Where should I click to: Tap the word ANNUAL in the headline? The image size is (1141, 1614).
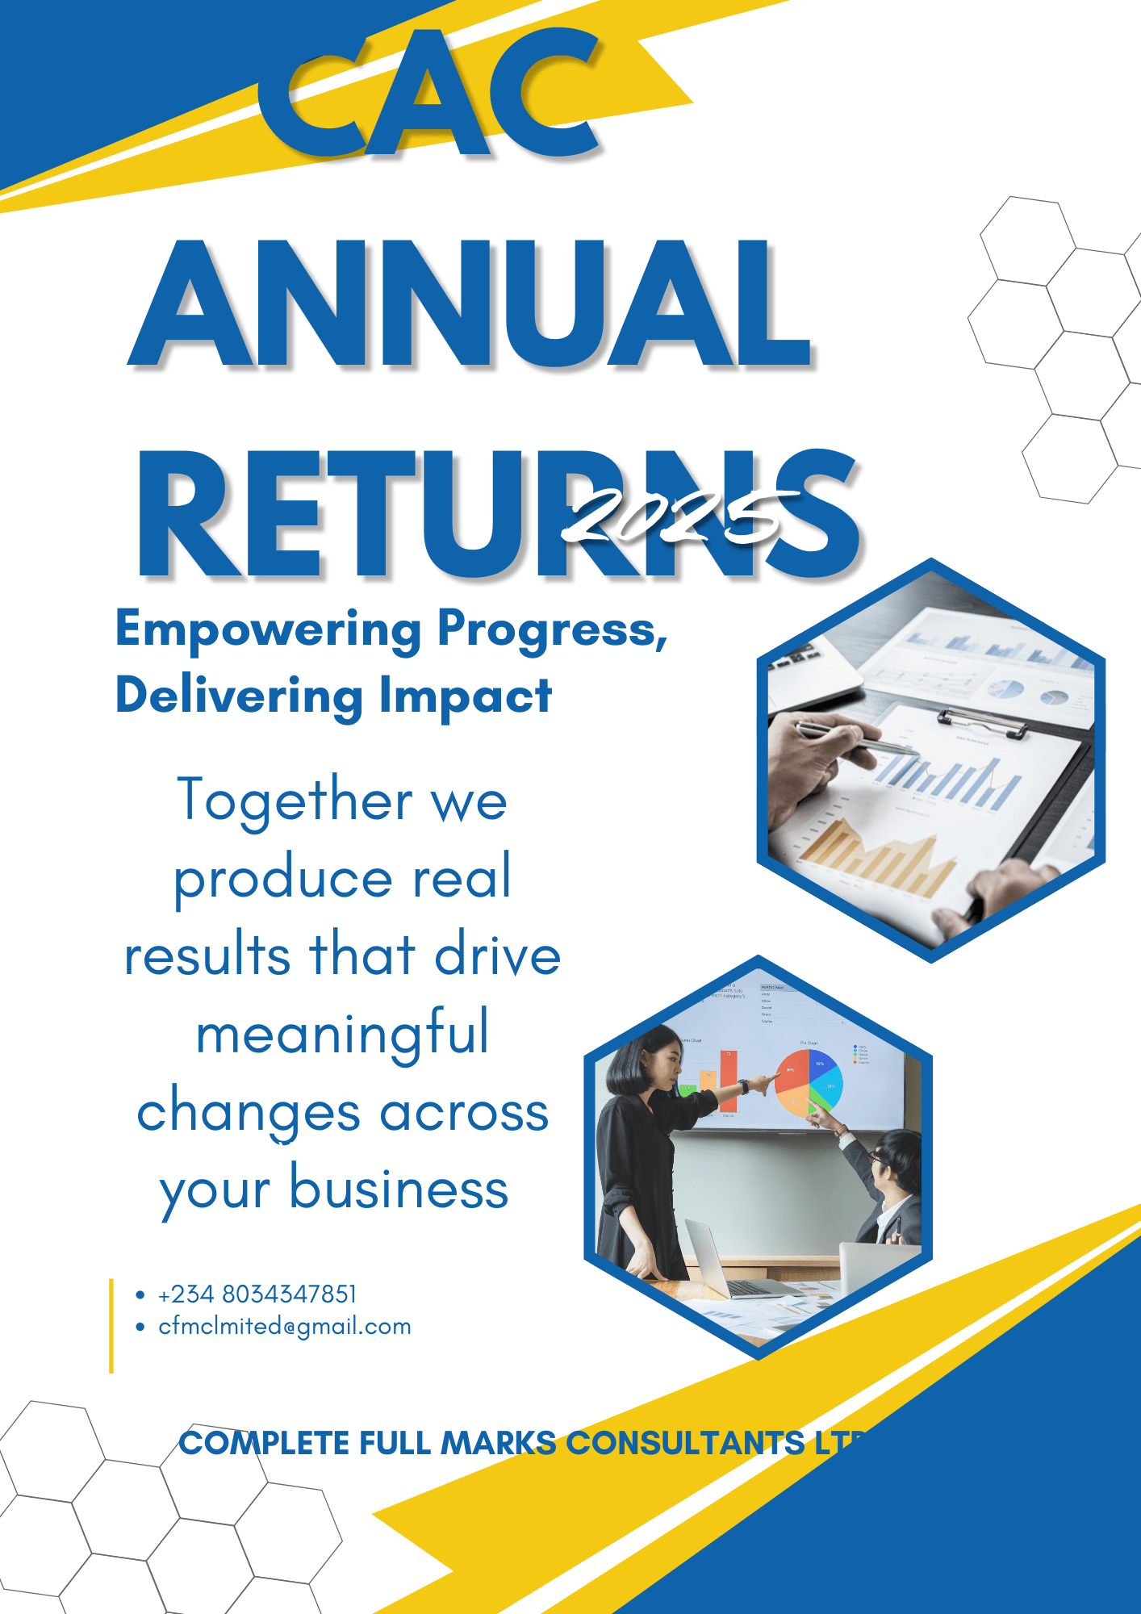pyautogui.click(x=470, y=305)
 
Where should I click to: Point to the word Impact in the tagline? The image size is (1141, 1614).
pyautogui.click(x=466, y=696)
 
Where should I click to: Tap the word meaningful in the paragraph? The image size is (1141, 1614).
pyautogui.click(x=343, y=1034)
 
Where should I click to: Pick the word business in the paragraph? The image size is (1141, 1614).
pyautogui.click(x=399, y=1189)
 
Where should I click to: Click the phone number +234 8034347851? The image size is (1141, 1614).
pyautogui.click(x=257, y=1294)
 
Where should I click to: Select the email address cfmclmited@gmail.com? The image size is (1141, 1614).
pyautogui.click(x=285, y=1327)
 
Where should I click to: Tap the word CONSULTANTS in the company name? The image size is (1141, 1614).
pyautogui.click(x=685, y=1443)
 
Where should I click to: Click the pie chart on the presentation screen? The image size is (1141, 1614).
pyautogui.click(x=809, y=1083)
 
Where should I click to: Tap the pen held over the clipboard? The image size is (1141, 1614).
pyautogui.click(x=855, y=741)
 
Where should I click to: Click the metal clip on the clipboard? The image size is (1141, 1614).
pyautogui.click(x=981, y=722)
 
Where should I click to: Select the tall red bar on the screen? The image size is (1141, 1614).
pyautogui.click(x=729, y=1081)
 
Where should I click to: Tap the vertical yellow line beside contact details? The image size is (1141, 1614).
pyautogui.click(x=111, y=1325)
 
